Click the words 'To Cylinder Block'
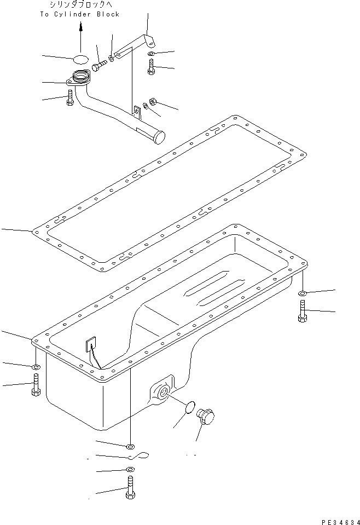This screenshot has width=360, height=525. click(x=79, y=14)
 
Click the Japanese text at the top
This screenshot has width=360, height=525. click(x=79, y=4)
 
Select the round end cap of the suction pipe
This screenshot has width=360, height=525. click(x=159, y=136)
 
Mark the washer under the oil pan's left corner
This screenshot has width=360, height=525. click(x=35, y=367)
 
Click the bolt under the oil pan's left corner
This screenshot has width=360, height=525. click(x=35, y=385)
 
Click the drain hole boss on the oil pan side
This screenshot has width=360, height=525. click(x=162, y=391)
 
